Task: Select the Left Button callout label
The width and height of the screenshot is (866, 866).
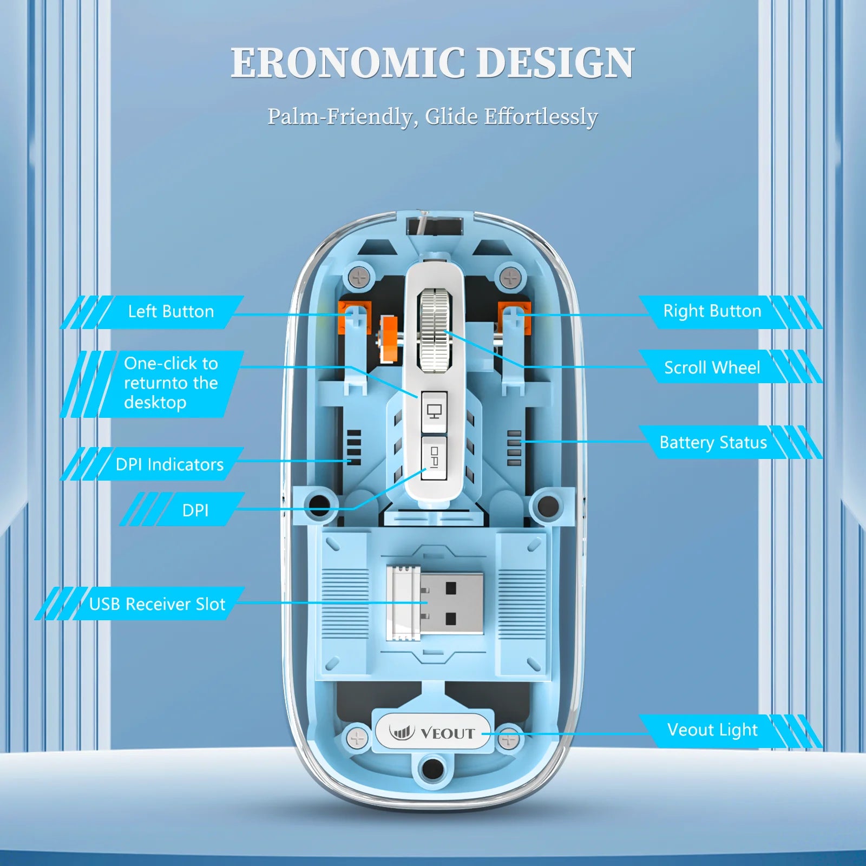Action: point(170,312)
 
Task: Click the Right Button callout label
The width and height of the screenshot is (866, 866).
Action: point(712,311)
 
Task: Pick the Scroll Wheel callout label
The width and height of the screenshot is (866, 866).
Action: point(712,368)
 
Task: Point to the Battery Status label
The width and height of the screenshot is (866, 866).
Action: point(713,443)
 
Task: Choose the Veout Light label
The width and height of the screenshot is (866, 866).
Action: point(712,730)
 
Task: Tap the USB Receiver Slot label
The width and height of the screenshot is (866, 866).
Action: point(157,604)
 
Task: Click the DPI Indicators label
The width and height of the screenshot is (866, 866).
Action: point(169,464)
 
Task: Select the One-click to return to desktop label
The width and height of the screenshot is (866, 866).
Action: point(170,383)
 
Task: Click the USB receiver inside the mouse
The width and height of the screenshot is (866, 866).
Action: point(436,603)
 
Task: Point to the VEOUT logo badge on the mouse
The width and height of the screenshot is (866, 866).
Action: point(432,733)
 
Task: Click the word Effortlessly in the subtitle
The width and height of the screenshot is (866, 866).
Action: point(541,117)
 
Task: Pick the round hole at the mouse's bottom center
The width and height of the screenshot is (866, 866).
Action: point(431,768)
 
